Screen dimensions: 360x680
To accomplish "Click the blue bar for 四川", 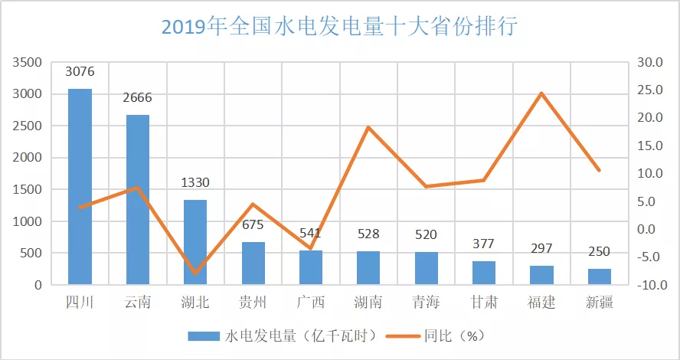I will tap(80, 187).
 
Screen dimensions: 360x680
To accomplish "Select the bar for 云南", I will tap(138, 200).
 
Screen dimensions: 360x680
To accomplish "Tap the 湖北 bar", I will tap(195, 242).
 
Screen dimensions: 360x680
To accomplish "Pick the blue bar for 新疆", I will tap(600, 277).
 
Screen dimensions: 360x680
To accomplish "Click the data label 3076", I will tap(80, 72).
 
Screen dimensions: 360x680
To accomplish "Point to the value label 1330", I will tap(195, 183).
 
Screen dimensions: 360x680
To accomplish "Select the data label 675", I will tap(253, 225).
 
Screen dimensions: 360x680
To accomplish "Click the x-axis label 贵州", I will tap(253, 303).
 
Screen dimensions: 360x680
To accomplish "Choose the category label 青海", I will tap(427, 303).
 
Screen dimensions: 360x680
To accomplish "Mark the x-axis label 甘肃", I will tap(484, 303).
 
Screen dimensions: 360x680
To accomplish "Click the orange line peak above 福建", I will tap(541, 93).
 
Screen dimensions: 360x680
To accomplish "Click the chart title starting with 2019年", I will tap(339, 27).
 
